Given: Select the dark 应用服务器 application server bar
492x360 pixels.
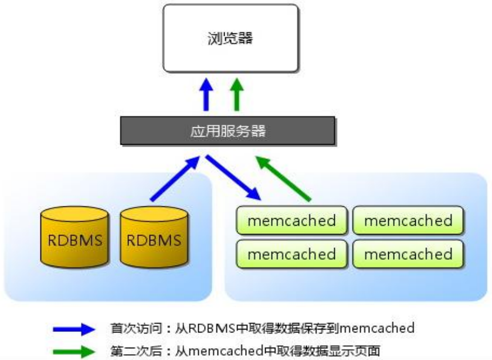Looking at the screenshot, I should [x=228, y=131].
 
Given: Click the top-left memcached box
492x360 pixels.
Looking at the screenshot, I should [x=291, y=221].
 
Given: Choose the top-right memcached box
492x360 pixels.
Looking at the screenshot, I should [x=408, y=221].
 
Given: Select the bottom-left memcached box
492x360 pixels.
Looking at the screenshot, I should [x=291, y=254].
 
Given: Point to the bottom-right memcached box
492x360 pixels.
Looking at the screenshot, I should [x=408, y=254].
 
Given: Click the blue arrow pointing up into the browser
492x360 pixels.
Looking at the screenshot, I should [x=206, y=96].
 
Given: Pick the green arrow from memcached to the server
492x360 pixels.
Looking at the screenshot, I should [x=286, y=178].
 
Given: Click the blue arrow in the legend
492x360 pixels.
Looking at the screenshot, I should [x=74, y=330].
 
